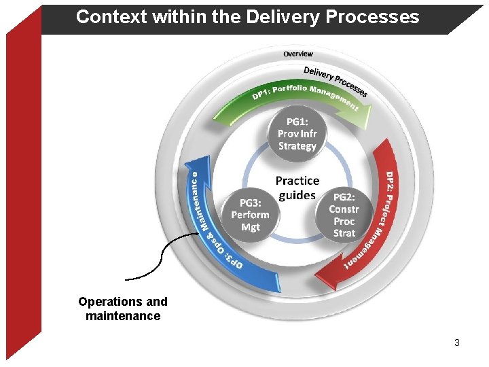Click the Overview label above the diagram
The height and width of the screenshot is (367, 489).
click(298, 54)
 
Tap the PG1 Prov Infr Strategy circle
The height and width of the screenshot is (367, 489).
click(297, 134)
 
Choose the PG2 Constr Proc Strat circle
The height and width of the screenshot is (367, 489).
click(344, 215)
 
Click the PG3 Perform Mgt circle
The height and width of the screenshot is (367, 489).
click(250, 215)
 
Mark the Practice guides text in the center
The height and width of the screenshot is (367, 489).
click(297, 188)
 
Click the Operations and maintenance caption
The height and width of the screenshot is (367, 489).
click(123, 309)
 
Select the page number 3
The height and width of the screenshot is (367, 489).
click(457, 343)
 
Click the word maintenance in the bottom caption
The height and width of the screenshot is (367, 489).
click(123, 316)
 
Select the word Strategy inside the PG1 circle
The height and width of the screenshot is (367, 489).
click(297, 146)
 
